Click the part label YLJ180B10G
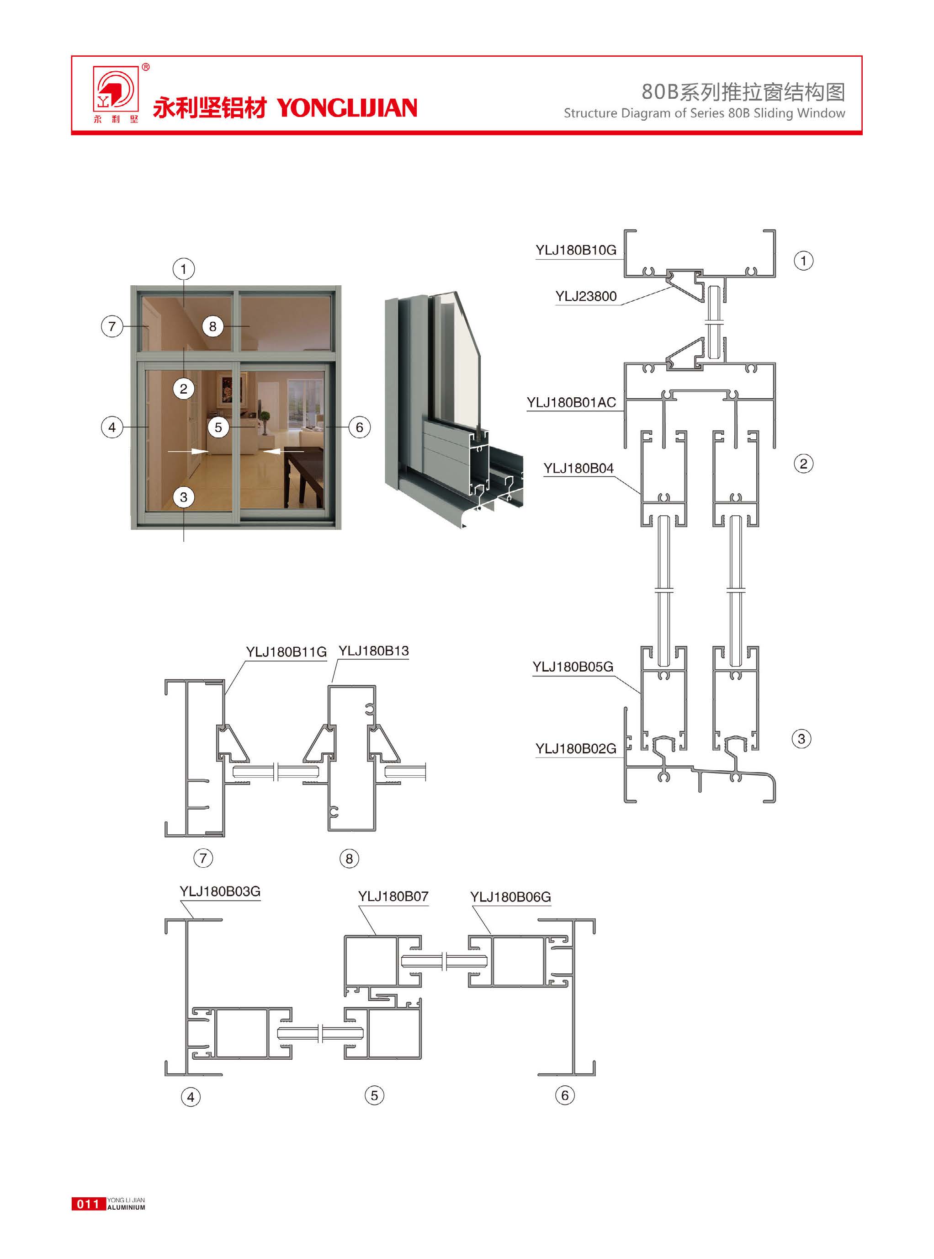(x=576, y=250)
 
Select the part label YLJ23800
(x=586, y=296)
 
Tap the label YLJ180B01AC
(x=571, y=403)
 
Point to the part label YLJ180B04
(x=578, y=468)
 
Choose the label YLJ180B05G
(x=573, y=667)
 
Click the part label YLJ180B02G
(x=576, y=749)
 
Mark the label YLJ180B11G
(x=286, y=652)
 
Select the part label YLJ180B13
(x=373, y=651)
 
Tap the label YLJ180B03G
(x=220, y=891)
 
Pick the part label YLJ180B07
(x=393, y=896)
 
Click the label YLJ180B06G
(x=510, y=897)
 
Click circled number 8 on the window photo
(x=212, y=326)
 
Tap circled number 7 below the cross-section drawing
(x=203, y=858)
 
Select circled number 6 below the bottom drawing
(x=565, y=1095)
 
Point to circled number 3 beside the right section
(x=801, y=739)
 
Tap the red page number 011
(x=88, y=1204)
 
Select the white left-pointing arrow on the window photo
(x=283, y=451)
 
